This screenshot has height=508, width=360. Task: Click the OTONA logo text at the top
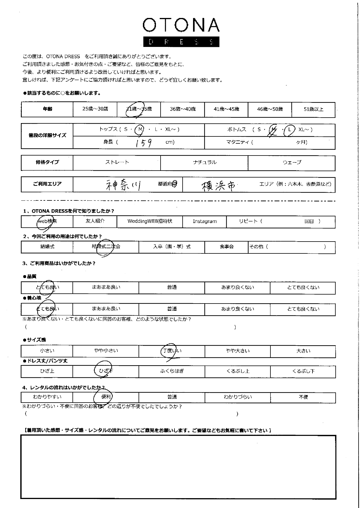pos(181,25)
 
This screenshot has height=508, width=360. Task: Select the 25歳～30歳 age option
pos(95,109)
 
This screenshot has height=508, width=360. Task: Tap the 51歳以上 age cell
pos(313,109)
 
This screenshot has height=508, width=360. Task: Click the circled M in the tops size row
pos(140,130)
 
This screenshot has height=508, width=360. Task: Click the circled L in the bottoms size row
pos(289,130)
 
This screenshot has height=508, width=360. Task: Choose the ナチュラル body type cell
pos(204,162)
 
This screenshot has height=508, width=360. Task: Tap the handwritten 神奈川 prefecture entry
pos(123,184)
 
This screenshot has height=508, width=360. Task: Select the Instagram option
pos(205,222)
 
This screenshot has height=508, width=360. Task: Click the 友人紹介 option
pos(95,221)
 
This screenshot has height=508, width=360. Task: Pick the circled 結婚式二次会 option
pos(106,247)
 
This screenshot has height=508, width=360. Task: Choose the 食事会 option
pos(226,247)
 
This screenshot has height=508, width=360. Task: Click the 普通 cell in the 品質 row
pos(172,288)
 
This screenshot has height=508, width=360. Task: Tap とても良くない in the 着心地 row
pos(303,309)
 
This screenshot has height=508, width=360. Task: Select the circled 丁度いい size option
pos(172,351)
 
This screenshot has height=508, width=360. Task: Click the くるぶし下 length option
pos(303,371)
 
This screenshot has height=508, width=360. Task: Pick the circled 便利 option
pos(106,397)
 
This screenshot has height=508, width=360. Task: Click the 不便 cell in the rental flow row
pos(303,397)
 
